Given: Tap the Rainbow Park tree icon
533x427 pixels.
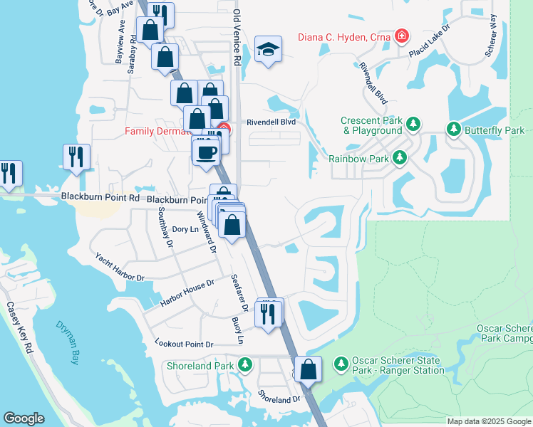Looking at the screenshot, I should click(x=401, y=157).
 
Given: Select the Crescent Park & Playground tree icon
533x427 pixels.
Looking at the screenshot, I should click(x=413, y=125).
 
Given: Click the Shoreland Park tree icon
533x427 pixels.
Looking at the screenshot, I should click(x=245, y=366).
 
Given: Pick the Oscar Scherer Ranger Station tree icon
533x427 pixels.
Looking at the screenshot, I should click(x=341, y=364).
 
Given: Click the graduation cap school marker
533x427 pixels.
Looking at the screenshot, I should click(x=269, y=49).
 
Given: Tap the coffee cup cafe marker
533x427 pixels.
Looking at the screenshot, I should click(x=207, y=152).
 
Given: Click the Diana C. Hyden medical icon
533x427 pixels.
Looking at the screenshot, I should click(x=403, y=35).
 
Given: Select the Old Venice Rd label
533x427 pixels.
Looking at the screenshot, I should click(x=237, y=39).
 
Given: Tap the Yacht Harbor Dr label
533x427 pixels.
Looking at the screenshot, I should click(x=120, y=267).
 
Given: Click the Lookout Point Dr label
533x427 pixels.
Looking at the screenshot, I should click(x=184, y=344).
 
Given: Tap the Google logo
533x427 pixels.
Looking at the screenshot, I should click(x=24, y=418).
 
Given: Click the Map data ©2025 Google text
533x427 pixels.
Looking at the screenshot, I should click(x=489, y=421).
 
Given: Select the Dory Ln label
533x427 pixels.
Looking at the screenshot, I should click(x=185, y=229).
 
